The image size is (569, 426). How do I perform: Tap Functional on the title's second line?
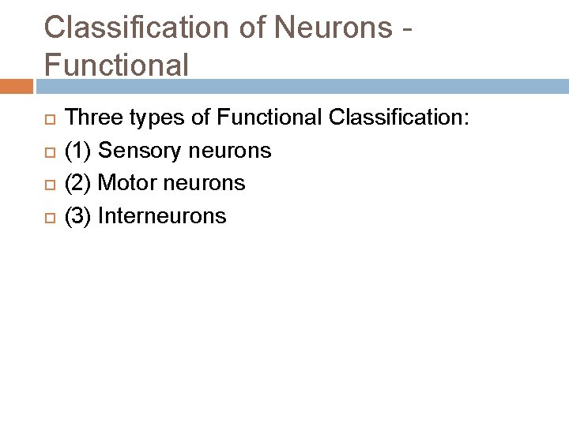pos(116,64)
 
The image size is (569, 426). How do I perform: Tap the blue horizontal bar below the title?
pos(300,86)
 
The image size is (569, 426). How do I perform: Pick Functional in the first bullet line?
pos(269,118)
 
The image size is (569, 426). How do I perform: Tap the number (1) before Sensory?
pos(77,151)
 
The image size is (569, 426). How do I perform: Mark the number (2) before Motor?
pos(77,183)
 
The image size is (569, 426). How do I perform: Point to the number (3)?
pos(77,215)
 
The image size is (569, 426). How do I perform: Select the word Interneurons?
pos(162,215)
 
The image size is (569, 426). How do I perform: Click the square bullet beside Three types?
pos(48,120)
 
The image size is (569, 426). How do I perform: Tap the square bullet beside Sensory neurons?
pos(48,152)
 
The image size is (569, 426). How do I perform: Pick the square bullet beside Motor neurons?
pos(48,185)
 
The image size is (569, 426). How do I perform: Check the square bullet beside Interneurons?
pos(48,217)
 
